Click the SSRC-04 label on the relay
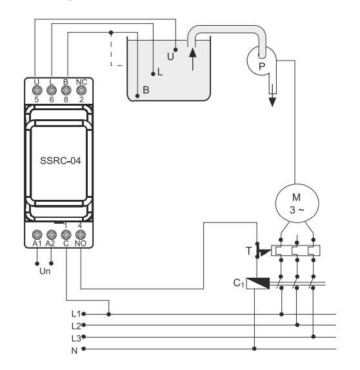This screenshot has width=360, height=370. (x=61, y=161)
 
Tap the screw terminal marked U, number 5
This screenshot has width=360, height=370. (x=37, y=90)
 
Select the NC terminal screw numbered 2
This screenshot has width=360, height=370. (x=81, y=90)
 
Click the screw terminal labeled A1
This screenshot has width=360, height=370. (x=37, y=235)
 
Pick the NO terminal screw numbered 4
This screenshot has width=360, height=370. (x=81, y=235)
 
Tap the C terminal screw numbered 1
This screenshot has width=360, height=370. (x=66, y=235)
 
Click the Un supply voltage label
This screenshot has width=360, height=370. (x=45, y=271)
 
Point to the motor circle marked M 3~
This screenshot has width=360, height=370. (x=297, y=204)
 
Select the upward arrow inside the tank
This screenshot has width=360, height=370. (x=193, y=59)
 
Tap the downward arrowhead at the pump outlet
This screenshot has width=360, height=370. (x=272, y=102)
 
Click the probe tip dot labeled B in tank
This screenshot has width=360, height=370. (x=137, y=96)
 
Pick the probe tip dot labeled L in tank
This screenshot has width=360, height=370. (x=153, y=74)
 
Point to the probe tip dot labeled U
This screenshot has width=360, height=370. (x=175, y=50)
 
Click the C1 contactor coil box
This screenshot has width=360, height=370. (x=258, y=284)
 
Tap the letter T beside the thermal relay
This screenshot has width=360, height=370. (x=249, y=251)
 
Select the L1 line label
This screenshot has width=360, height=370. (x=76, y=314)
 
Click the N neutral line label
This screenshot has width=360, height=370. (x=74, y=351)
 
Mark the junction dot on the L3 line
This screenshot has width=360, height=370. (x=314, y=336)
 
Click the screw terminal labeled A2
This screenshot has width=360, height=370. (x=52, y=235)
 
